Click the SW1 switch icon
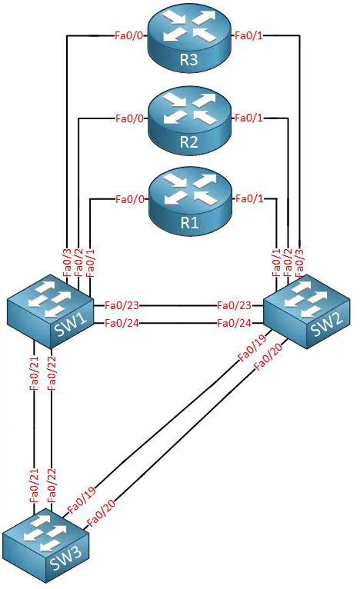tap(50, 311)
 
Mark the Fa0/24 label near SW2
tap(234, 323)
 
